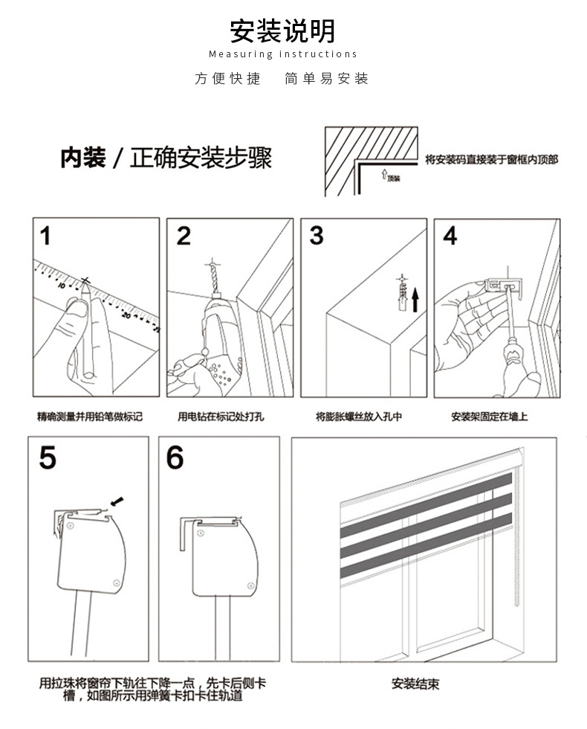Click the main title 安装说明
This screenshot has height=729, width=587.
[282, 31]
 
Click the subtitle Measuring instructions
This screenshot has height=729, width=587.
[282, 54]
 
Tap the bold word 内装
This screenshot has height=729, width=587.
[82, 158]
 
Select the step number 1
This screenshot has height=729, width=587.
[47, 237]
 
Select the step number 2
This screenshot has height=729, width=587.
[184, 237]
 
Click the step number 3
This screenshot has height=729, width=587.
[317, 237]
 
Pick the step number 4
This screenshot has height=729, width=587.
[450, 237]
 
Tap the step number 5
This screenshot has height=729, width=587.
[48, 458]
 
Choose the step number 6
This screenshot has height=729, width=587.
[175, 458]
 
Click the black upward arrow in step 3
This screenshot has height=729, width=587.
[415, 299]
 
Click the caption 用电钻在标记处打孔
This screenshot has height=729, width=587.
[221, 417]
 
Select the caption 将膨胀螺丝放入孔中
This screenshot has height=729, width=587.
[359, 417]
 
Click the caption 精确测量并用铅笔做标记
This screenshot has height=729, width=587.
[89, 417]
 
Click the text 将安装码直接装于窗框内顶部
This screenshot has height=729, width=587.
[491, 159]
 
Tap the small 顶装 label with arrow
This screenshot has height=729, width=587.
[390, 177]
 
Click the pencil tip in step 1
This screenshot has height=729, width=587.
[87, 283]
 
